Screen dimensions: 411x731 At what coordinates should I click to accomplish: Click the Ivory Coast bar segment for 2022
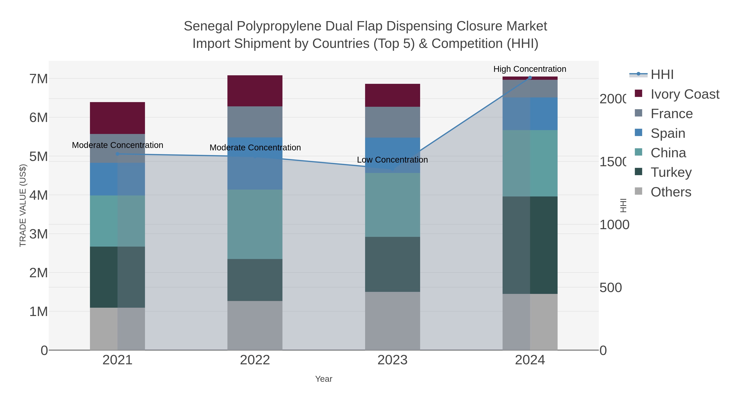(255, 91)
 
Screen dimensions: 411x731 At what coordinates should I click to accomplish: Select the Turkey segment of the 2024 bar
(530, 245)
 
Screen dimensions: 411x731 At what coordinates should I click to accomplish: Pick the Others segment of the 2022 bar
(255, 325)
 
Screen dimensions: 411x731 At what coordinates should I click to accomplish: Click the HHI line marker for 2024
(530, 78)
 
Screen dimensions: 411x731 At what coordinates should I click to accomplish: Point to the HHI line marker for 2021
(118, 154)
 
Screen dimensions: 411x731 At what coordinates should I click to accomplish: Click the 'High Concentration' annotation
(530, 69)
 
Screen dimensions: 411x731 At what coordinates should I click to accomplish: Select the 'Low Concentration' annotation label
(392, 160)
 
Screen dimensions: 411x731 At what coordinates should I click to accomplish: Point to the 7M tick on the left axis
(39, 79)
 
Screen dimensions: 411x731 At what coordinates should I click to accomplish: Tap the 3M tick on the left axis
(39, 234)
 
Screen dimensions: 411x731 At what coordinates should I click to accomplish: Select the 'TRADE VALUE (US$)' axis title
(23, 205)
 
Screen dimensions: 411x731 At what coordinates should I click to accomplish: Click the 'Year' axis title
(323, 379)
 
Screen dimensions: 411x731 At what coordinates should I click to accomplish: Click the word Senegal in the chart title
(208, 26)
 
